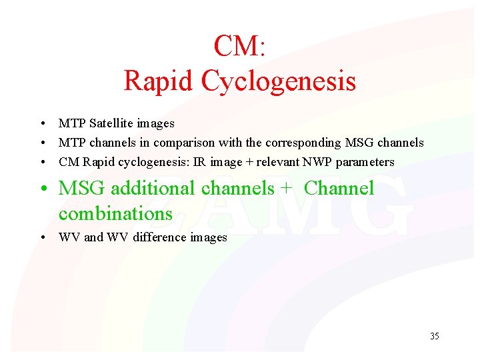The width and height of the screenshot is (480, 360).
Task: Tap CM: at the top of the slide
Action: pos(240,46)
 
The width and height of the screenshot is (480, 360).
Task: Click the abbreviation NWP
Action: pos(322,162)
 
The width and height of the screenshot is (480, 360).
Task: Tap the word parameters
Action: pos(368,162)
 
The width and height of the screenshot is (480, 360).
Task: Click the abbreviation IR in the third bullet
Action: pos(199,162)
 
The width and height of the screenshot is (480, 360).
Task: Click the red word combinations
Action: pos(115,213)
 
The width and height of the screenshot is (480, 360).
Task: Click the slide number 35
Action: pos(435,336)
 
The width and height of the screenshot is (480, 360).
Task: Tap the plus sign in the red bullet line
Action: pos(286,189)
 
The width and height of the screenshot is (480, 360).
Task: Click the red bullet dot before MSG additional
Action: pos(43,189)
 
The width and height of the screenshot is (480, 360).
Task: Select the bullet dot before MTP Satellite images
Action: pos(42,124)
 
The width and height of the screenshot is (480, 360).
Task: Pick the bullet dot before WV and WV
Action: pos(42,238)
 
